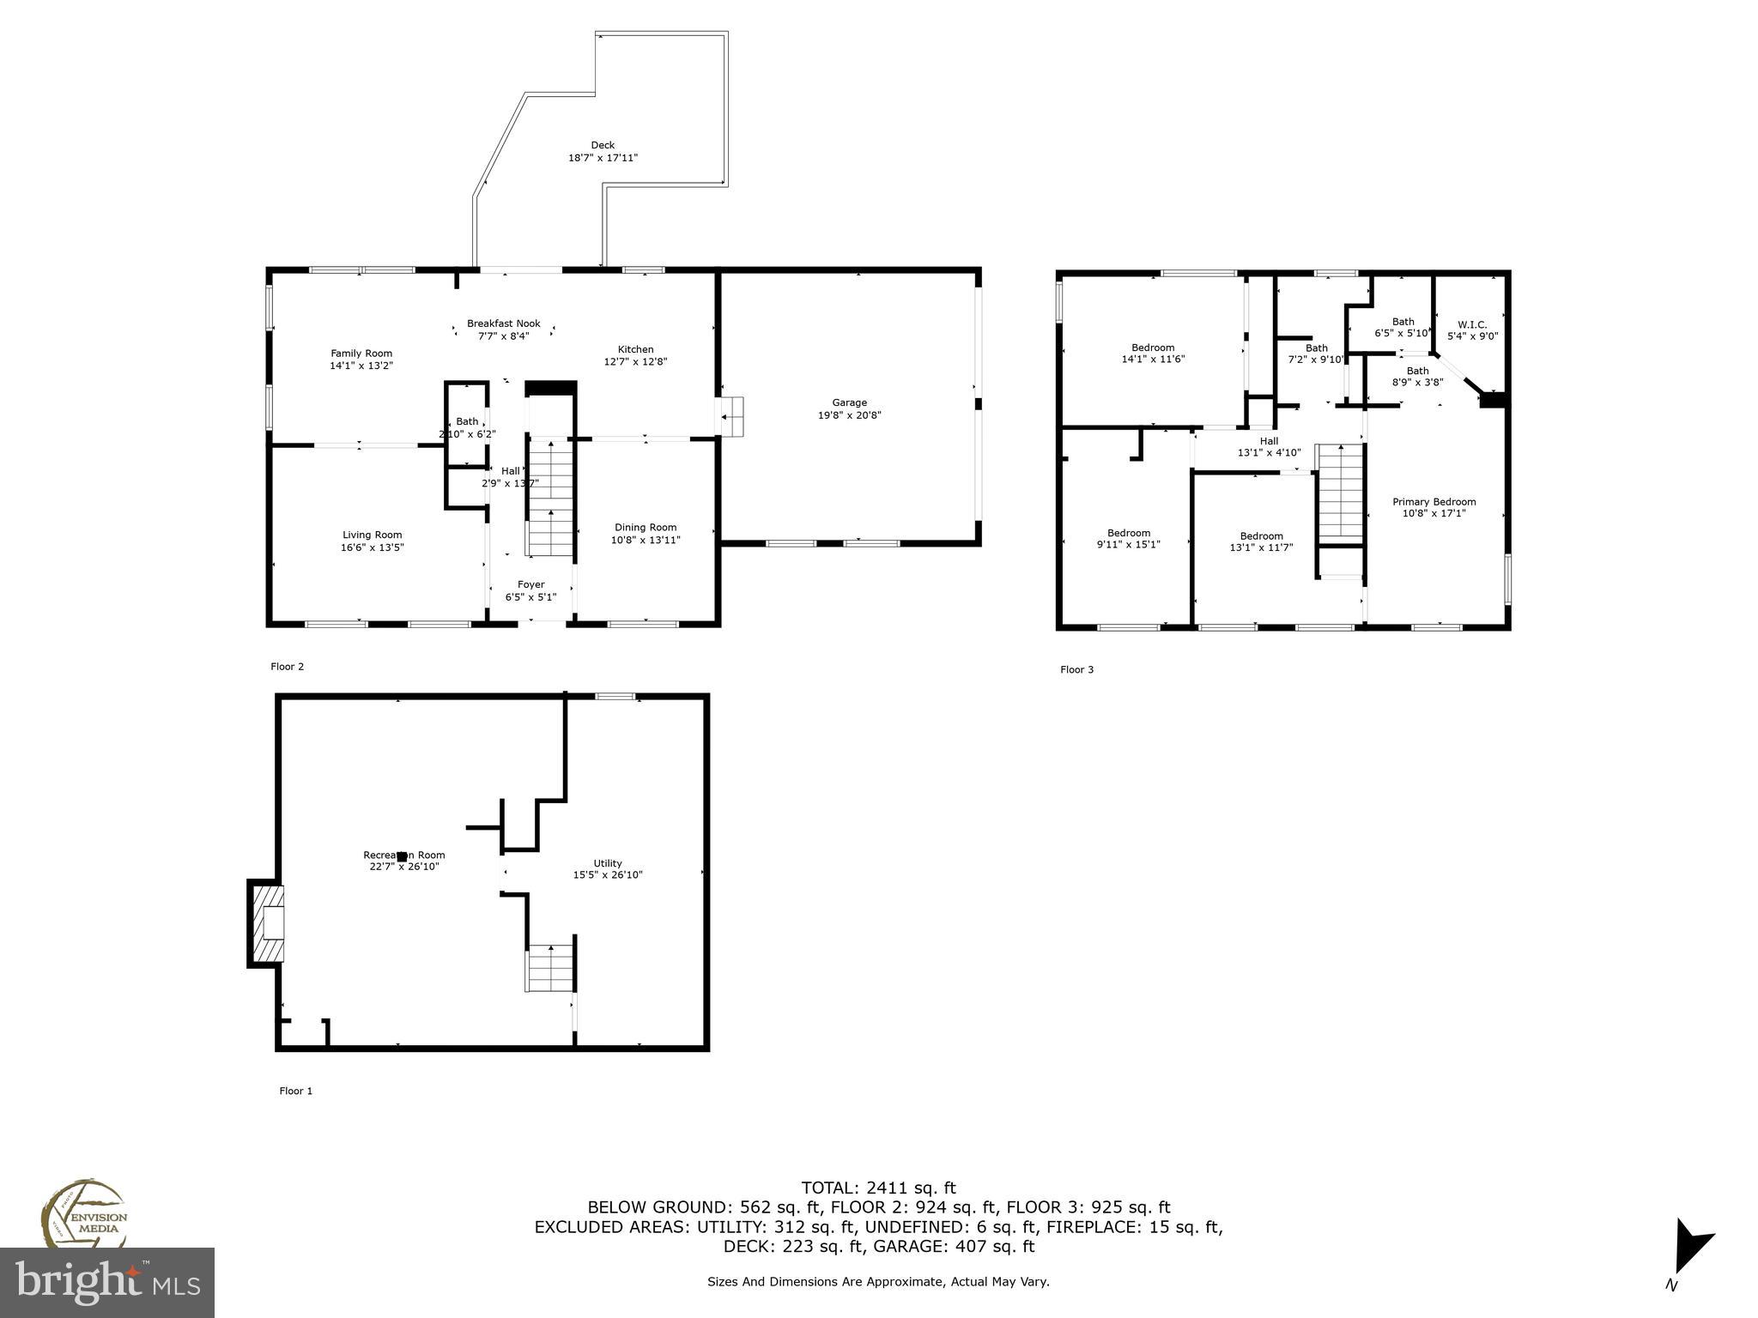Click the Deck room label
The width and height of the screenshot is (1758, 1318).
pos(603,145)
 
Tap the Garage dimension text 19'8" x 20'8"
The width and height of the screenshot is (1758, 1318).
pos(849,415)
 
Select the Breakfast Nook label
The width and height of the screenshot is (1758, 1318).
pos(503,323)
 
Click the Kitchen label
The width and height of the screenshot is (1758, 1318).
pos(635,349)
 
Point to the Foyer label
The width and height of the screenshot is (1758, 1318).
pos(530,584)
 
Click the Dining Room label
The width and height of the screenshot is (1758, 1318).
pos(646,528)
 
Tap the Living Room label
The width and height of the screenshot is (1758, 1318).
pos(372,535)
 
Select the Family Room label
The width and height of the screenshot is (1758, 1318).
pos(361,354)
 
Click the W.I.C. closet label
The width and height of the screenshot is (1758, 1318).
pos(1472,324)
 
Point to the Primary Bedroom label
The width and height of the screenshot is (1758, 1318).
pos(1434,502)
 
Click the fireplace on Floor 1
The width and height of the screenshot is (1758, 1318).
pos(267,924)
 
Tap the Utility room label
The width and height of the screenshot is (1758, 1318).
pos(608,863)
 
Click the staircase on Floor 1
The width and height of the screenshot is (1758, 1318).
pos(549,967)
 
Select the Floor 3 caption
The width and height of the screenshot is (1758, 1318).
pos(1076,669)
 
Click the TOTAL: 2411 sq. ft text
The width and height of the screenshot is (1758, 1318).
pos(878,1188)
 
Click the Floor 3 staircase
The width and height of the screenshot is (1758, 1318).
pos(1340,493)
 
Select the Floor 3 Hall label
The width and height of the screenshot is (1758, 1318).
pos(1269,441)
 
